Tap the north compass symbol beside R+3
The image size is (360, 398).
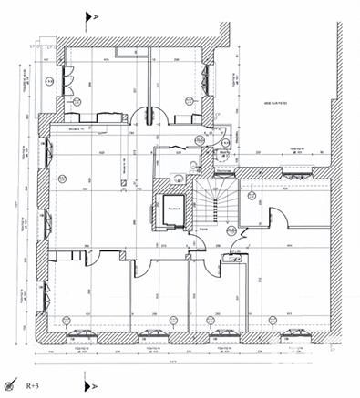pos(11,387)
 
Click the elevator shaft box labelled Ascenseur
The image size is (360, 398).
pos(174,209)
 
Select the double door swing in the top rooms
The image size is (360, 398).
pos(144,116)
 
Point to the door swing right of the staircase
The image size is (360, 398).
pos(282,219)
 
